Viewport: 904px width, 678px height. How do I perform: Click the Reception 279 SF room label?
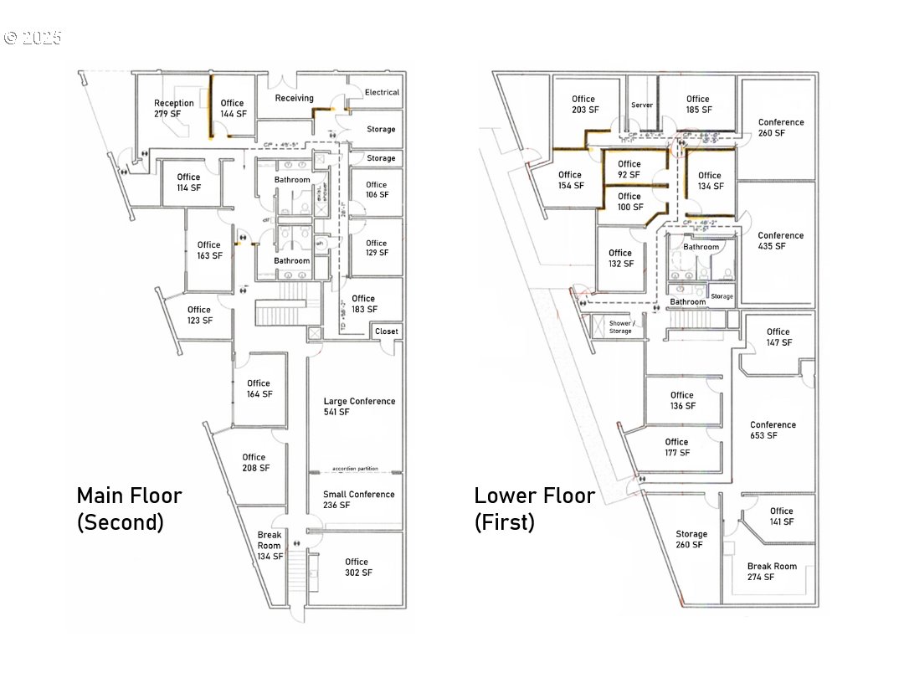tap(173, 108)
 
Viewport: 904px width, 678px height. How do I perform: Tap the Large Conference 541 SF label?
tap(359, 406)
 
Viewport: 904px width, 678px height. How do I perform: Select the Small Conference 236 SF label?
tap(358, 500)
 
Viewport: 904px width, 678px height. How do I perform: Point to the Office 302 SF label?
tap(357, 567)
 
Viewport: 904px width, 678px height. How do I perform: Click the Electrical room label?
tap(382, 92)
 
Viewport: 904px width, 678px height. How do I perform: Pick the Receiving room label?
tap(295, 98)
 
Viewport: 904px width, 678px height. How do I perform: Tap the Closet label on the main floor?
tap(387, 331)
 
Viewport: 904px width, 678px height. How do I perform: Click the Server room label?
tap(642, 105)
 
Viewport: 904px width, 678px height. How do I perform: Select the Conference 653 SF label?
tap(773, 429)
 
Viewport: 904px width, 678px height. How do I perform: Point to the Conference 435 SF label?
tap(780, 240)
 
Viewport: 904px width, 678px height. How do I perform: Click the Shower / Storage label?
tap(620, 326)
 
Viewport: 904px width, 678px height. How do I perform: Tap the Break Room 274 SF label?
tap(772, 571)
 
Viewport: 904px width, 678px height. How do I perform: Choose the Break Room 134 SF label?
tap(270, 545)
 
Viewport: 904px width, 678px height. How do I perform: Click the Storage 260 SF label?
tap(691, 539)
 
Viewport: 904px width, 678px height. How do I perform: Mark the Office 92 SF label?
tap(629, 169)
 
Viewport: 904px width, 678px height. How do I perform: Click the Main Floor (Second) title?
tap(129, 508)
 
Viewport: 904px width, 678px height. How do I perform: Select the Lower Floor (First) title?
tap(534, 508)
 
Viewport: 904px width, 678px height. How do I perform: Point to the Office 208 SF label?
tap(254, 462)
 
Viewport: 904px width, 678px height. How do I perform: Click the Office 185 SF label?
tap(697, 104)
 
